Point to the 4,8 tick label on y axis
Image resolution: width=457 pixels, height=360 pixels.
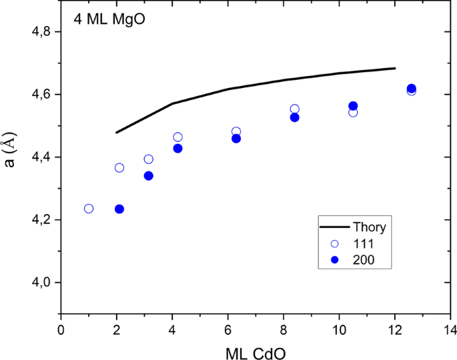click(x=40, y=32)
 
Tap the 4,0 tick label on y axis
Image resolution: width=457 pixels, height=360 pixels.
click(x=40, y=283)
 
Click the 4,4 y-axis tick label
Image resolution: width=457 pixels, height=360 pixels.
click(x=40, y=157)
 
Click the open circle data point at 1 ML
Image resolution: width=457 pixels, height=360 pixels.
click(x=89, y=209)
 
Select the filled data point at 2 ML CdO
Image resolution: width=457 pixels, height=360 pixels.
click(x=119, y=209)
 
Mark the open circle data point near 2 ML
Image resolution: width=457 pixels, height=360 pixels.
click(x=119, y=168)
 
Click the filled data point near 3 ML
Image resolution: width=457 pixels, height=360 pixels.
click(x=149, y=176)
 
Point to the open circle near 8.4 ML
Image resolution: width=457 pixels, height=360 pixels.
click(x=295, y=109)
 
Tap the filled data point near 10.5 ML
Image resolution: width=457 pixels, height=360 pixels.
click(x=353, y=106)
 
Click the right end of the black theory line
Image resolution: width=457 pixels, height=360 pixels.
click(x=395, y=68)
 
